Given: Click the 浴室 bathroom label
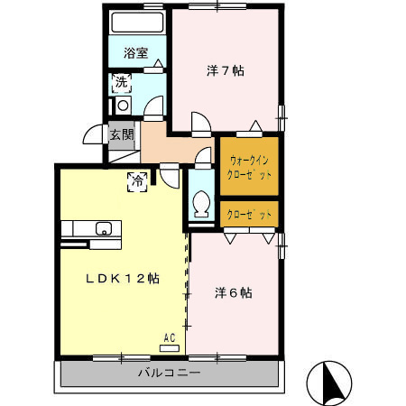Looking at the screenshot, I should click(136, 53).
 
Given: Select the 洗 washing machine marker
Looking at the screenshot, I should click(120, 85).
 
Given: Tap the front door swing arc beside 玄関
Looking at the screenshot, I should click(94, 136).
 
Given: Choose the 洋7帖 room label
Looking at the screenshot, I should click(226, 69).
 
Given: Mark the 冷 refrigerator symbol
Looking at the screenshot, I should click(138, 180).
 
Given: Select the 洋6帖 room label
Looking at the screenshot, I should click(233, 293).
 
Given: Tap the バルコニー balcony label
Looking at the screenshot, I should click(169, 372).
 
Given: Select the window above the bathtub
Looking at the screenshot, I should click(136, 7).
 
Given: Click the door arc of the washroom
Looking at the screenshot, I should click(153, 106).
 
